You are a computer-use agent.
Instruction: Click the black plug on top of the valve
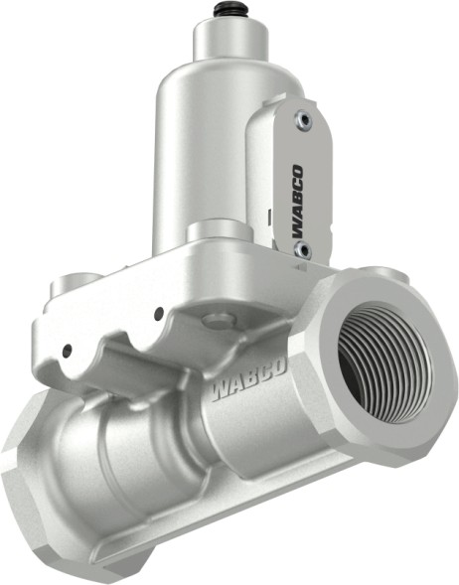coord(229,10)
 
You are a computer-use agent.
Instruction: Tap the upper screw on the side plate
coord(305,121)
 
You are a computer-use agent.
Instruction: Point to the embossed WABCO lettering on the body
coord(248,378)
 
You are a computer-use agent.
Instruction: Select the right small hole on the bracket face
coord(158,315)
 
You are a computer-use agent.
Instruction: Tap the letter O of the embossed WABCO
coord(280,367)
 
